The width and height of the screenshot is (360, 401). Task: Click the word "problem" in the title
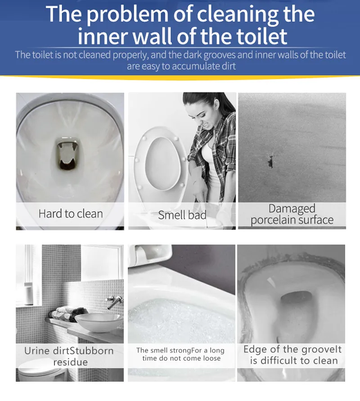[x=127, y=14]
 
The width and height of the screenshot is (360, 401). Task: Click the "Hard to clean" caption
[x=71, y=214]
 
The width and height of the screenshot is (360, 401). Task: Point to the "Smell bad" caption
[x=182, y=215]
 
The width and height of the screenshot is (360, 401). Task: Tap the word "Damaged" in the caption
[x=292, y=209]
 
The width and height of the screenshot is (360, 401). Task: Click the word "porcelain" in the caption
[x=272, y=220]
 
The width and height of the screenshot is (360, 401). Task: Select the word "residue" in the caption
[x=70, y=362]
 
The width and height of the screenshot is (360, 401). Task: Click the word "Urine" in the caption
[x=37, y=351]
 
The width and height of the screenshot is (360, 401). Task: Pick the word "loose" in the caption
[x=212, y=358]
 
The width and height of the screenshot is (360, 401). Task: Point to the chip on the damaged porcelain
[x=270, y=160]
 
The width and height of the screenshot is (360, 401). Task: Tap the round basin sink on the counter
[x=99, y=322]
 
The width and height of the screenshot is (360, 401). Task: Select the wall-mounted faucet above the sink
[x=114, y=301]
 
